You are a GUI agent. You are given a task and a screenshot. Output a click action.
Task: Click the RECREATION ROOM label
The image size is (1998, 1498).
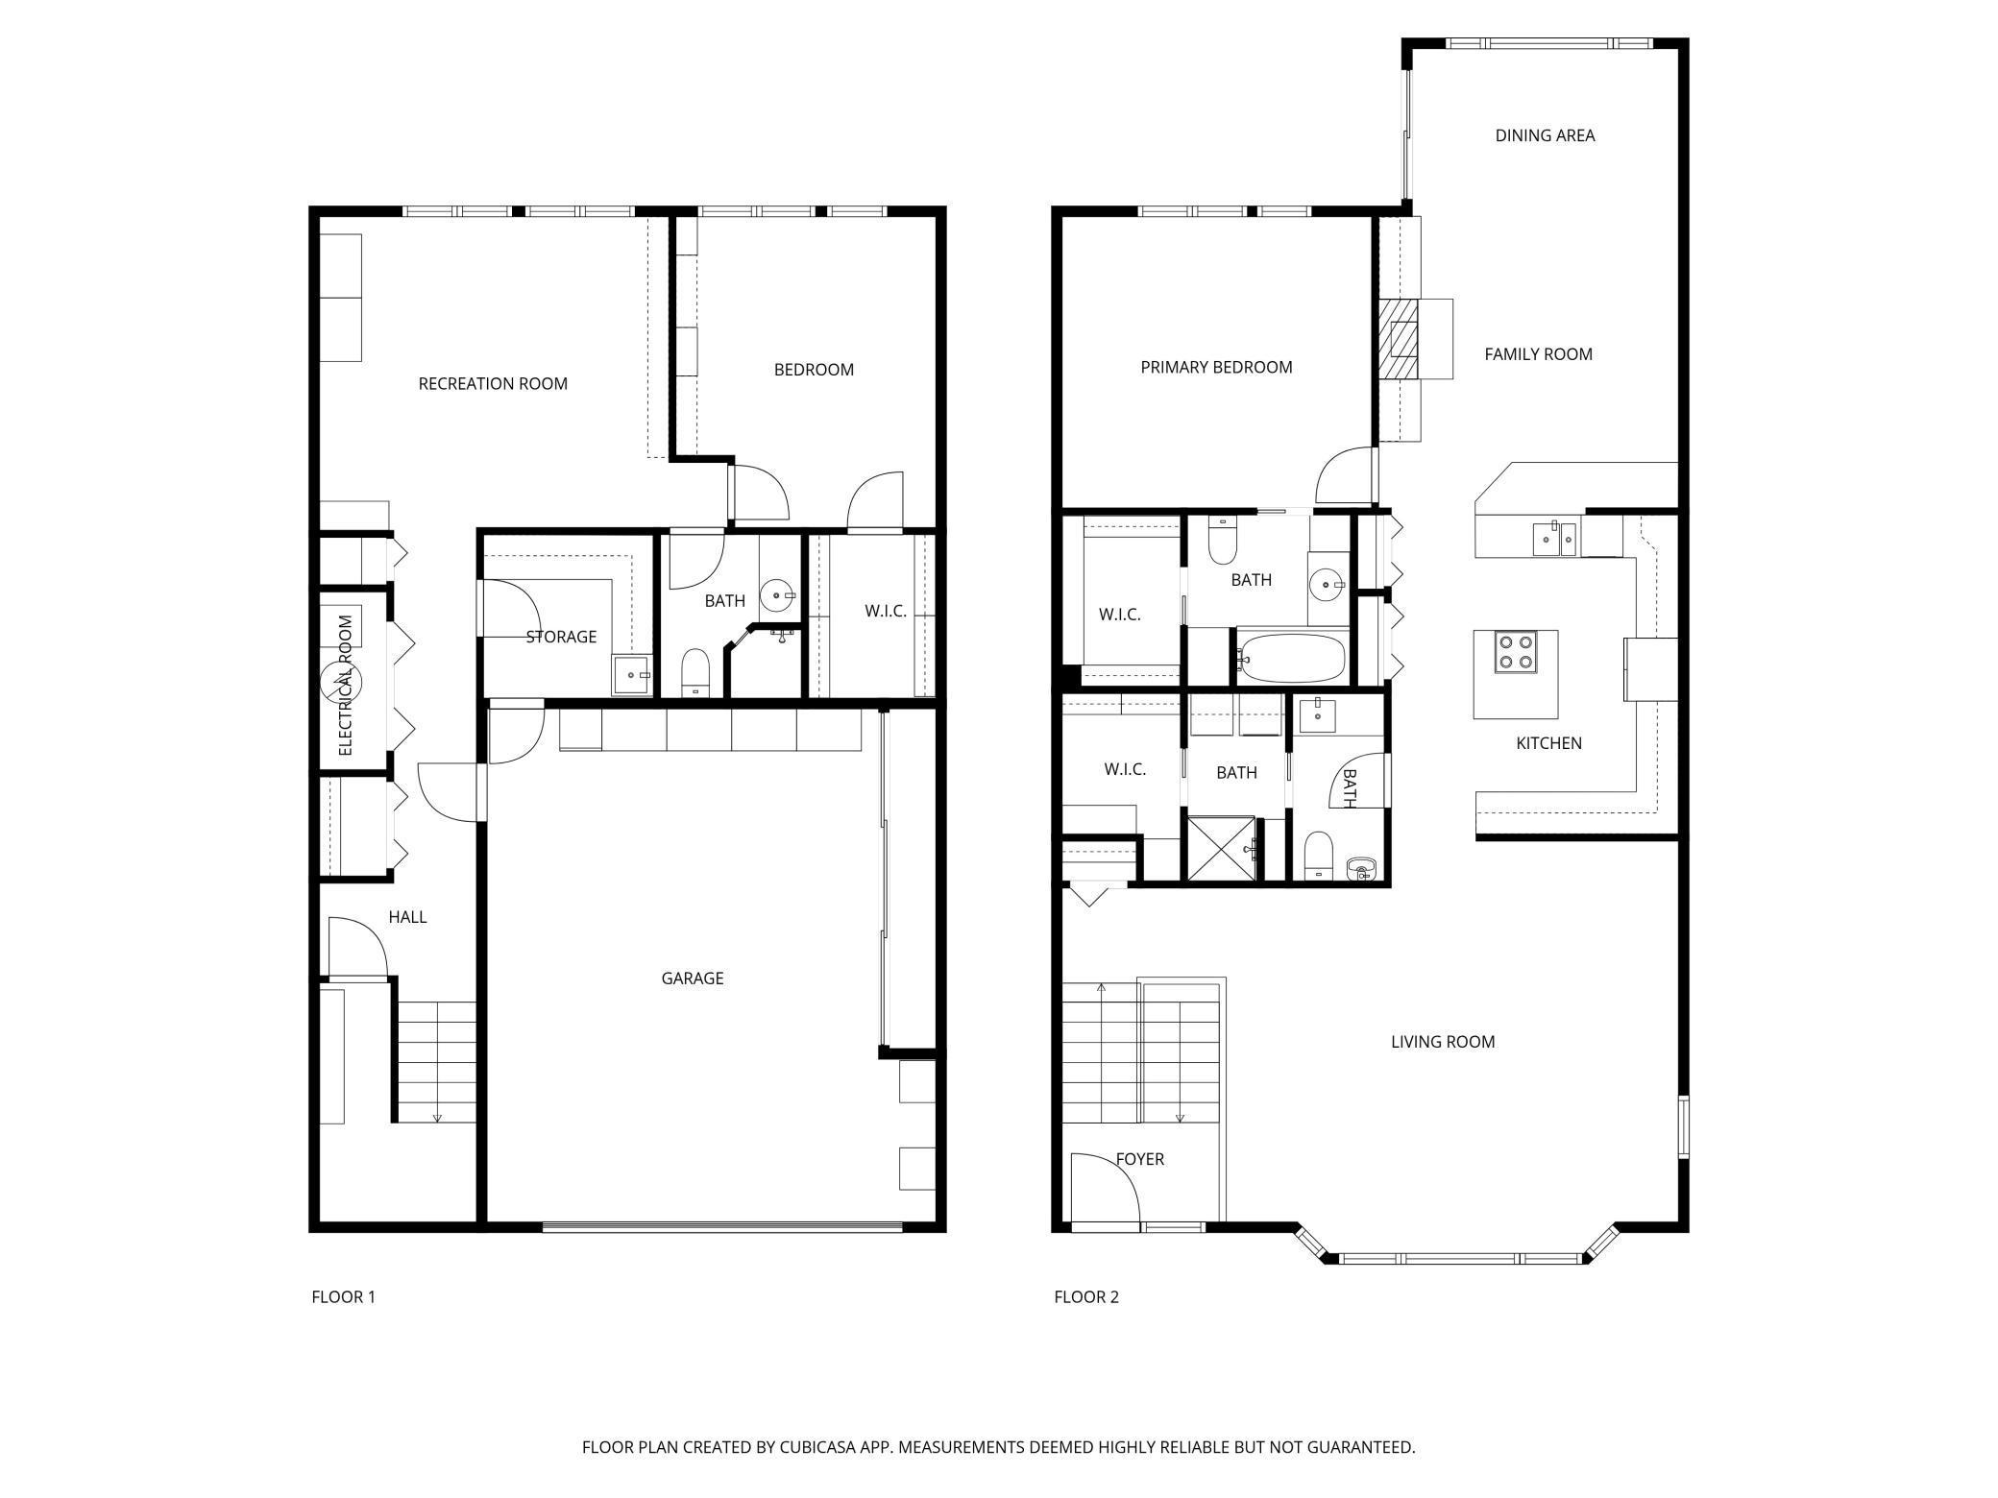493,384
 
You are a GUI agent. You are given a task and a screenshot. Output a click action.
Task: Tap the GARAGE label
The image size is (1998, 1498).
693,979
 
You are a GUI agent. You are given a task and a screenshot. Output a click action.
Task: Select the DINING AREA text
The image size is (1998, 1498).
1545,135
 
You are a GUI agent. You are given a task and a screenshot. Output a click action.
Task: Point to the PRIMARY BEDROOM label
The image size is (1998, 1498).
1216,367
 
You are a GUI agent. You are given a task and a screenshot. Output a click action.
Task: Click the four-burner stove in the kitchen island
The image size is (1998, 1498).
1516,651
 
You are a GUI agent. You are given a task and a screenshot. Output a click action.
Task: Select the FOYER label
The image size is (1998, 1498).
1140,1159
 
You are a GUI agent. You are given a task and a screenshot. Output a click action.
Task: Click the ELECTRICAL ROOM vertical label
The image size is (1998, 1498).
346,685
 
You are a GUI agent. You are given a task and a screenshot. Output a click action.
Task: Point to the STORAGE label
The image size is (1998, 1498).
561,637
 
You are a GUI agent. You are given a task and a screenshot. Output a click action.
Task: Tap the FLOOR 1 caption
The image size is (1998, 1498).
344,1297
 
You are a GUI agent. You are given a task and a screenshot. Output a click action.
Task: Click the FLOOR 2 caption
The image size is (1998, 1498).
1086,1297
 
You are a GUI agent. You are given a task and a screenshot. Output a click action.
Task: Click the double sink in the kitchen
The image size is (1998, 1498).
1554,539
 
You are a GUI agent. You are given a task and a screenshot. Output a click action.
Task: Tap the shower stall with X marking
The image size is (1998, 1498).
1221,848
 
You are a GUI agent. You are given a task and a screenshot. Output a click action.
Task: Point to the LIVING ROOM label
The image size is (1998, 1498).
1443,1042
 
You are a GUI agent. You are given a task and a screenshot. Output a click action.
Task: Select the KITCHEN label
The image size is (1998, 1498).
1548,743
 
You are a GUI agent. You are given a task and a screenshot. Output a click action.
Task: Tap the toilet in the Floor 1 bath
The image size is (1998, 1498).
694,672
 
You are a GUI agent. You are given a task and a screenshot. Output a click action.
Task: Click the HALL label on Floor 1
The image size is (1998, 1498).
407,917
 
